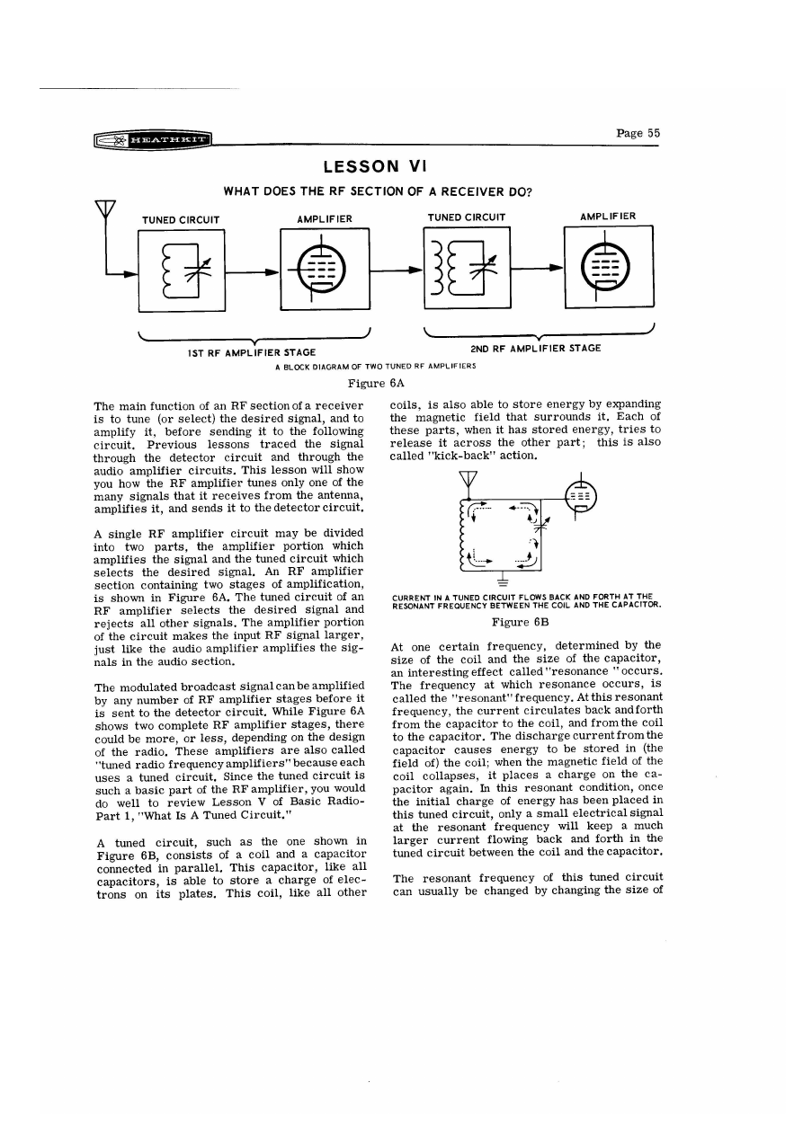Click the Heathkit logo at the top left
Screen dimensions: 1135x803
(x=154, y=139)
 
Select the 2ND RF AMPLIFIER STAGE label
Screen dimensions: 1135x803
(x=536, y=347)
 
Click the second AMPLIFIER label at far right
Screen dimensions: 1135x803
(x=608, y=217)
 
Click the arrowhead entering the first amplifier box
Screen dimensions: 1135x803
(x=270, y=268)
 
